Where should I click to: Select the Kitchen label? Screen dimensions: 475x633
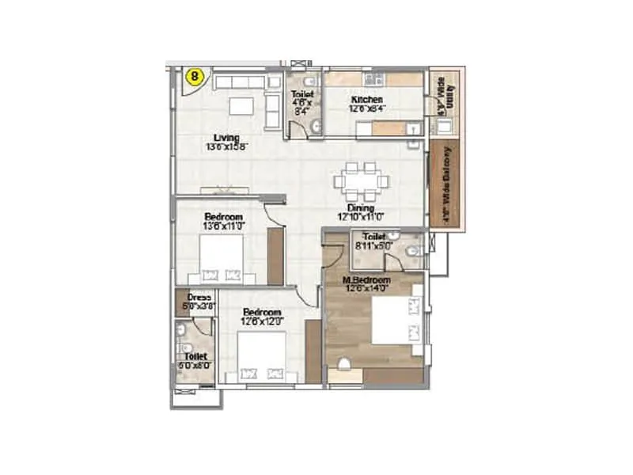[x=367, y=100]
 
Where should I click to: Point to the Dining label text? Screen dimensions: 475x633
[x=360, y=207]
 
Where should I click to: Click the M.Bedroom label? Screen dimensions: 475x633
[x=366, y=281]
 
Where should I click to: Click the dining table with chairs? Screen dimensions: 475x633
[x=361, y=181]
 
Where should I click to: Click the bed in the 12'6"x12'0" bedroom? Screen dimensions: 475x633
[x=261, y=357]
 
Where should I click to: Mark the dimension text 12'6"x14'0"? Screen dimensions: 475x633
[x=366, y=290]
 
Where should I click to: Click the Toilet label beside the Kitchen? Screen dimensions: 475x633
[x=303, y=94]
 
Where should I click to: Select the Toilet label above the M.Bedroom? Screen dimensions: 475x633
[x=373, y=237]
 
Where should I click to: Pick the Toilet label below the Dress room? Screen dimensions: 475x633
[x=195, y=358]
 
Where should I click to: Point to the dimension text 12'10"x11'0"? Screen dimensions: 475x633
[x=360, y=216]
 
